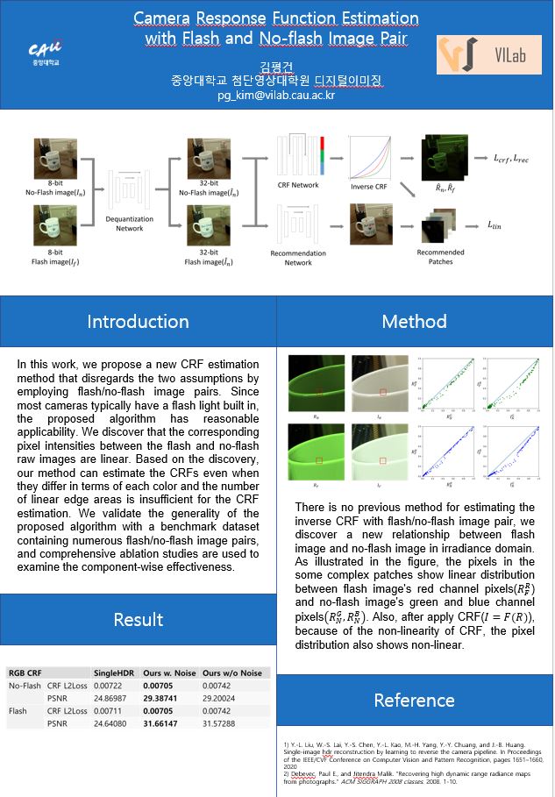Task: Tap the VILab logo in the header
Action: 487,54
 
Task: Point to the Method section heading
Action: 414,322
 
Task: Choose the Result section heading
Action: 139,619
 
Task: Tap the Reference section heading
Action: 414,700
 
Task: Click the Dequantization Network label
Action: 129,224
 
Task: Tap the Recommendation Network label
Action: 297,258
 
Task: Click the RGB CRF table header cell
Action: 25,672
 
